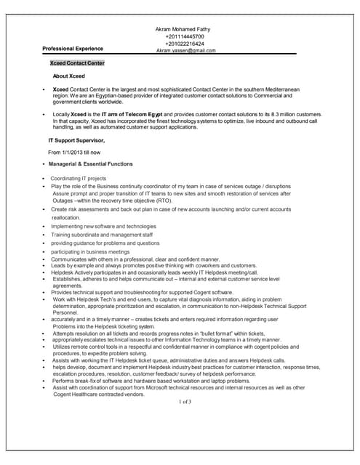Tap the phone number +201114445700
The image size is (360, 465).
click(185, 36)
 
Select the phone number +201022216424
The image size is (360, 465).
click(185, 44)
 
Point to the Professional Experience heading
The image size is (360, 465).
click(73, 49)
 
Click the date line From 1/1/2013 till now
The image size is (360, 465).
click(74, 153)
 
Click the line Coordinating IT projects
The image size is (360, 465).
click(79, 178)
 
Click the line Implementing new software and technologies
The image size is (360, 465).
click(103, 226)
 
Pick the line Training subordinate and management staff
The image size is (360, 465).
click(102, 235)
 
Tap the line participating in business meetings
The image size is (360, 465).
click(90, 251)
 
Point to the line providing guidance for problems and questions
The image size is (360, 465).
click(105, 243)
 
